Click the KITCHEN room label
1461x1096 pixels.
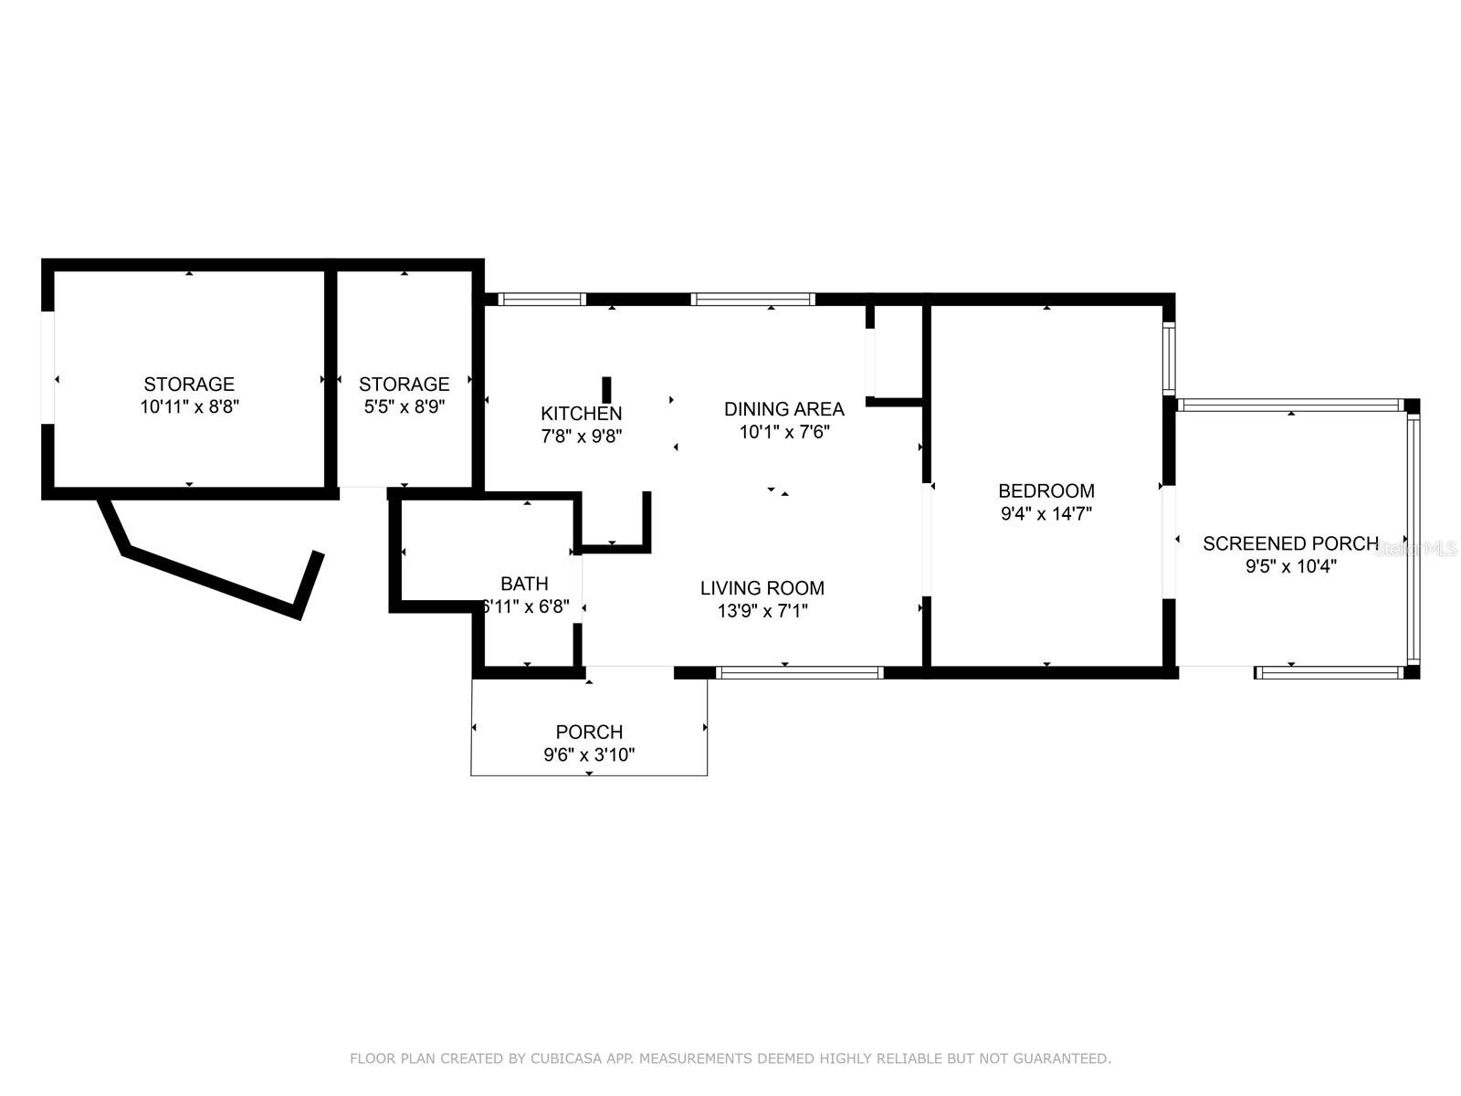tap(581, 413)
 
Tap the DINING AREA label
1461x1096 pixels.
tap(784, 408)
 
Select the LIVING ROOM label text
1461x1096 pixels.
tap(762, 587)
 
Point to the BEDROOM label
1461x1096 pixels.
tap(1046, 490)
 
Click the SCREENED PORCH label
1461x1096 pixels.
tap(1290, 543)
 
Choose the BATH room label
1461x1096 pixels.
tap(524, 584)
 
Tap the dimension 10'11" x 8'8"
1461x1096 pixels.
tap(190, 406)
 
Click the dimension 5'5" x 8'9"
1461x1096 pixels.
tap(404, 406)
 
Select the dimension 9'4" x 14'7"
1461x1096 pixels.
tap(1046, 513)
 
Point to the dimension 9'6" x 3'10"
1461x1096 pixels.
tap(589, 754)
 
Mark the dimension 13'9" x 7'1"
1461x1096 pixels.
tap(762, 611)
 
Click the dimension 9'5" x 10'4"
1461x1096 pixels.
tap(1291, 566)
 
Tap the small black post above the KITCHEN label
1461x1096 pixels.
tap(606, 390)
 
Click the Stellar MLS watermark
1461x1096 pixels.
tap(1415, 549)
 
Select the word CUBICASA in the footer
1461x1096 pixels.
tap(563, 1058)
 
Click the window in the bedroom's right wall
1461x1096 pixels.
tap(1169, 358)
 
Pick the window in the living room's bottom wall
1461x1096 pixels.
tap(799, 673)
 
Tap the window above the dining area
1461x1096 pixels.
tap(752, 300)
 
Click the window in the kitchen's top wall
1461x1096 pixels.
tap(541, 300)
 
